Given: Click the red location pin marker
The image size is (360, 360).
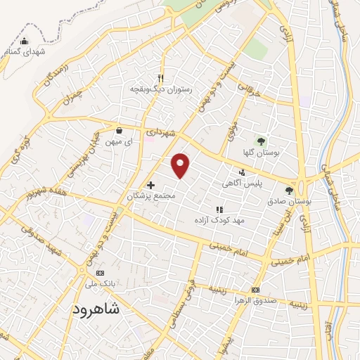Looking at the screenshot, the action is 181,165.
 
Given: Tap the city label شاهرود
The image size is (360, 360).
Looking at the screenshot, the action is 96,309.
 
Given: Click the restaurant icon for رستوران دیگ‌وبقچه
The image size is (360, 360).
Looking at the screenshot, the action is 160,78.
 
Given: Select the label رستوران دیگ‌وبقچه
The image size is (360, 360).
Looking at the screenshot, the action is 160,89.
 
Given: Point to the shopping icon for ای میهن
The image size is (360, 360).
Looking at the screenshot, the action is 119,130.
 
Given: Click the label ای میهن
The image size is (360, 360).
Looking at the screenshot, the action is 119,141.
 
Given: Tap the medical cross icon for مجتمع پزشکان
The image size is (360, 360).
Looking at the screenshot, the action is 150,185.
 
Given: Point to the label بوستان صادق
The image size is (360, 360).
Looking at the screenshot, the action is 289,201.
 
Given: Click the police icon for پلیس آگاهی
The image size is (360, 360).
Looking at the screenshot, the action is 243,172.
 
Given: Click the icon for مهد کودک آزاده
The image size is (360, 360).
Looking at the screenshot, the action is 219,209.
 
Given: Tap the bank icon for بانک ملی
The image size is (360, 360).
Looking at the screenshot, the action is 99,273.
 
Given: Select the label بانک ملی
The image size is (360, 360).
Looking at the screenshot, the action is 99,284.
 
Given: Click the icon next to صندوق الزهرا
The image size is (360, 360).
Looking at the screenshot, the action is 255,290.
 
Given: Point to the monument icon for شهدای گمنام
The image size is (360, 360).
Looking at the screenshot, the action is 25,41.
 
